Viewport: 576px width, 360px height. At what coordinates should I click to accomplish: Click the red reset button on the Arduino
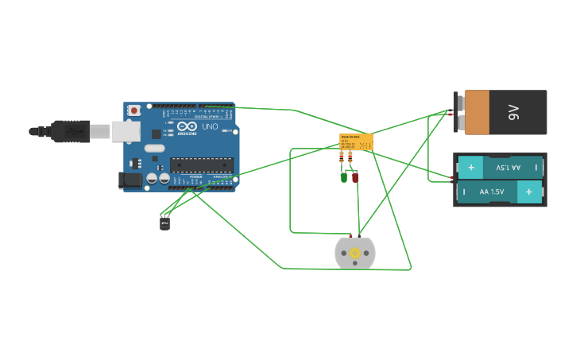click(x=134, y=110)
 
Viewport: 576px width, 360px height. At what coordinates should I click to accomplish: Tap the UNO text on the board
click(x=210, y=126)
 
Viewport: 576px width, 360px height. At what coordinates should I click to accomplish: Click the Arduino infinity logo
click(x=187, y=126)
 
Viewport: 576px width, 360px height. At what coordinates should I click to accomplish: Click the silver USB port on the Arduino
click(x=125, y=131)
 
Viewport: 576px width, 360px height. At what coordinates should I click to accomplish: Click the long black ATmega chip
click(x=201, y=165)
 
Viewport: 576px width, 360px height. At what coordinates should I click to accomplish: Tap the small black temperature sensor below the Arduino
click(x=164, y=223)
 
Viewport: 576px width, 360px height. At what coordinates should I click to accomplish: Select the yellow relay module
click(x=356, y=141)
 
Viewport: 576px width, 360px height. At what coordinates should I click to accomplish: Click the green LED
click(x=344, y=177)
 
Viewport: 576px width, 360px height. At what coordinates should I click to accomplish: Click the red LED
click(x=355, y=177)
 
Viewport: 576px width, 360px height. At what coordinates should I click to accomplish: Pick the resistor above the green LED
click(x=342, y=158)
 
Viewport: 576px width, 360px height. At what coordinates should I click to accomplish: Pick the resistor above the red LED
click(x=350, y=158)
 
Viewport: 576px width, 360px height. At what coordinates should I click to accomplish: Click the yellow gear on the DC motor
click(x=355, y=253)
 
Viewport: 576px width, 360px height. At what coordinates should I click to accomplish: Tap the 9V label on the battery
click(x=513, y=112)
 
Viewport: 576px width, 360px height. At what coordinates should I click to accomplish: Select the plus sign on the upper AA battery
click(x=470, y=168)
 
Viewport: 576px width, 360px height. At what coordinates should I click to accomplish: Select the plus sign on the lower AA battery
click(x=528, y=192)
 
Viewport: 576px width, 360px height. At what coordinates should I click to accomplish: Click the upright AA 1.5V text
click(x=491, y=192)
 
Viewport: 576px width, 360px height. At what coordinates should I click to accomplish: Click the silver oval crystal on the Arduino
click(x=155, y=148)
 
